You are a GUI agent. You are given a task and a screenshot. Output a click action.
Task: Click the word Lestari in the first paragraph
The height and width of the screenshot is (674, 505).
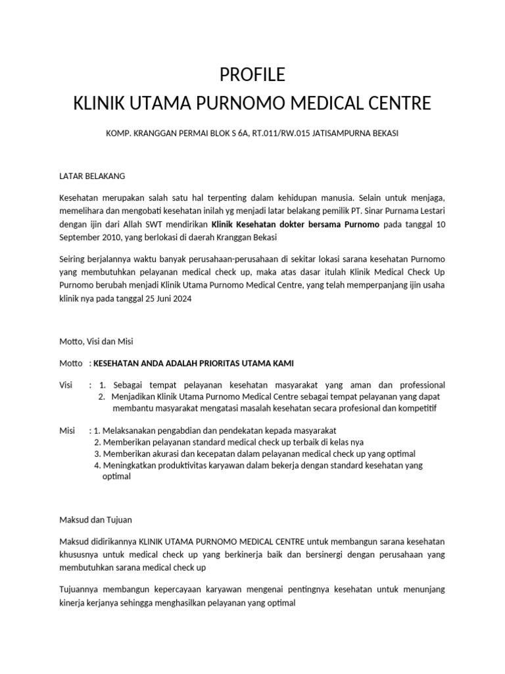pos(430,211)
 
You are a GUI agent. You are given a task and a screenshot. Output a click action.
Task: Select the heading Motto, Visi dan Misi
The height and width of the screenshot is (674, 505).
pos(96,341)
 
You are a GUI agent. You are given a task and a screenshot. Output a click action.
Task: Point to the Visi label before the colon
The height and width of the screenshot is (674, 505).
pos(66,385)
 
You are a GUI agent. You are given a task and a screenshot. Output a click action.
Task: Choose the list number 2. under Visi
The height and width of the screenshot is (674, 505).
pos(101,397)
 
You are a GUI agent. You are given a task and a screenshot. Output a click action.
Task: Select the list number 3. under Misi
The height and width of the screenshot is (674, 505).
pos(97,454)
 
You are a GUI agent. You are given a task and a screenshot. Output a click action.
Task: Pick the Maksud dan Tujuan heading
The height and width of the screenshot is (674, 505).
pos(95,520)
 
